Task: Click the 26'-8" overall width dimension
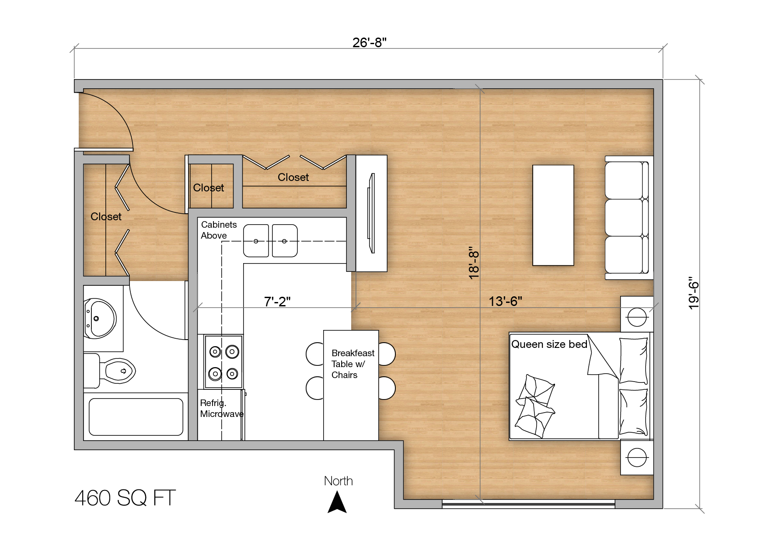click(370, 42)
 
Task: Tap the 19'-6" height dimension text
click(694, 293)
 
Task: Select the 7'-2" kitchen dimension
click(277, 302)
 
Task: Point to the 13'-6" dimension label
click(505, 302)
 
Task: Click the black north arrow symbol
click(337, 502)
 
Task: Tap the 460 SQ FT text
click(125, 498)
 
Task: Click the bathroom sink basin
click(100, 318)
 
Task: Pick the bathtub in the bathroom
click(136, 417)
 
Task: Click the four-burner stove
click(223, 362)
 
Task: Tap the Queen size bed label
click(549, 344)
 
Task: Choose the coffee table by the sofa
click(553, 215)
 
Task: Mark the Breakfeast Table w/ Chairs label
click(353, 364)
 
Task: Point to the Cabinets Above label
click(219, 230)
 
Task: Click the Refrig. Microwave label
click(222, 408)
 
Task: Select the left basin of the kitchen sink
click(256, 241)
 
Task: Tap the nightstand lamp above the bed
click(637, 316)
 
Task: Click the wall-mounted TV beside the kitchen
click(371, 213)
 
